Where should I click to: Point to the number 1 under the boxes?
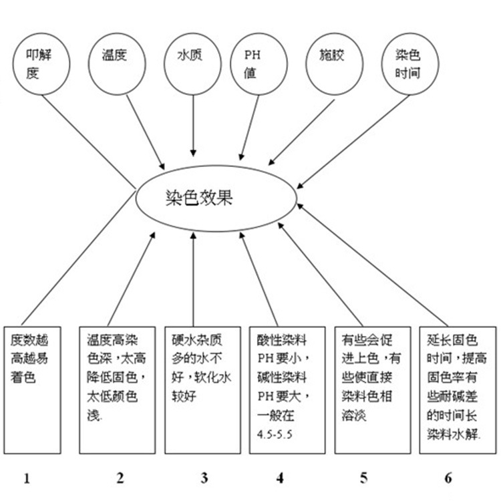27,477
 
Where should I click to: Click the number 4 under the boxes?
280,477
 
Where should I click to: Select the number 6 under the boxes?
448,477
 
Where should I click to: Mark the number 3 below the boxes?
204,477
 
